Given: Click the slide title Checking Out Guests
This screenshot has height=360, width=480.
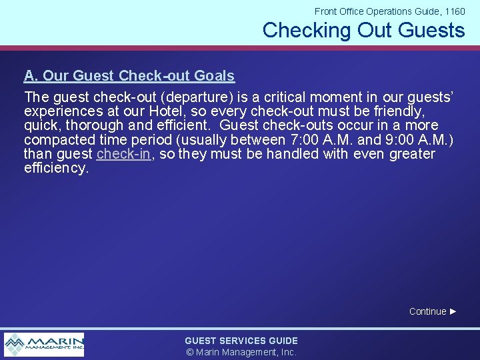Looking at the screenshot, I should pos(363,30).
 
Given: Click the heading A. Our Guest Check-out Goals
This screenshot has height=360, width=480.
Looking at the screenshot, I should pos(129,76).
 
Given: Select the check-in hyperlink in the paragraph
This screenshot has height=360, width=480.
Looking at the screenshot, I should pos(124,154).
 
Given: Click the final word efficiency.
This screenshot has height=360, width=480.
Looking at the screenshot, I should pos(56,168).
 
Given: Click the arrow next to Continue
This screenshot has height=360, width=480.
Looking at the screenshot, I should pos(453,311).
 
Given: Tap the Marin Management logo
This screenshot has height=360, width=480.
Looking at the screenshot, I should pos(44,345).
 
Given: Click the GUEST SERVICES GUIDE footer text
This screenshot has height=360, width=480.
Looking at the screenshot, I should pos(241,341).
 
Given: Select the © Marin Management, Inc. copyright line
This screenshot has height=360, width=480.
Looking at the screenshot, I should pos(241,352).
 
